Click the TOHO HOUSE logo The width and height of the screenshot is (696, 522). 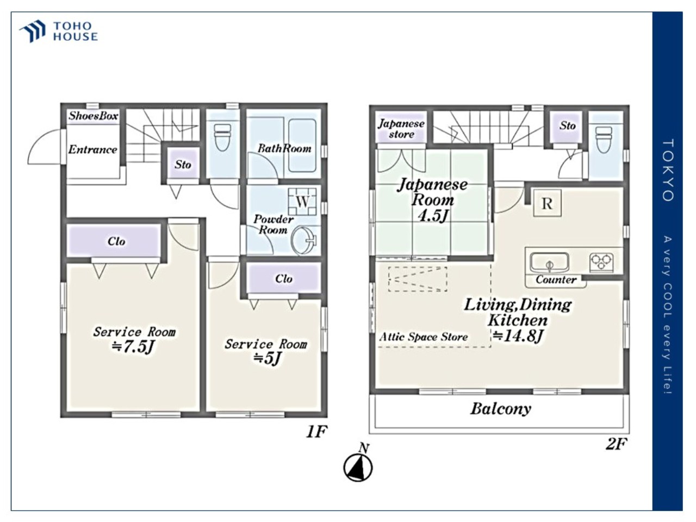pos(59,31)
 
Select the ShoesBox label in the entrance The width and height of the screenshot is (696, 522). pos(93,116)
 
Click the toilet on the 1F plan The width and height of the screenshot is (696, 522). pos(222,137)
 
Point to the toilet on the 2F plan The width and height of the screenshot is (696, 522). pos(604,139)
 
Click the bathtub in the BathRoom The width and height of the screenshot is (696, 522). pos(302,146)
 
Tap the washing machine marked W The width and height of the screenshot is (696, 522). pos(302,202)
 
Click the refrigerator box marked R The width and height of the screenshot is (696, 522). pos(548,203)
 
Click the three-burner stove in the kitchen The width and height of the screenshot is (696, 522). pos(601,263)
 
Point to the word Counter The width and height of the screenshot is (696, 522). pos(556,279)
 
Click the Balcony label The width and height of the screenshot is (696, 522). pos(501,409)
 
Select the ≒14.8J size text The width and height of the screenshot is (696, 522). pos(518,336)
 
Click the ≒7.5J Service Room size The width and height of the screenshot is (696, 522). pos(133,347)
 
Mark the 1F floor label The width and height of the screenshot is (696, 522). pos(316,431)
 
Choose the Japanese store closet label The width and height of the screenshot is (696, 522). pos(401,129)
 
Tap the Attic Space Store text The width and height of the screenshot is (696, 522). pos(423,337)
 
